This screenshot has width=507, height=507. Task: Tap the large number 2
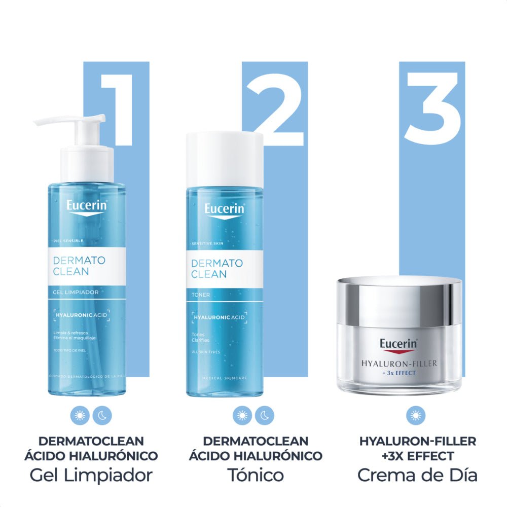click(x=275, y=109)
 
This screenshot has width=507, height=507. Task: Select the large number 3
click(x=432, y=109)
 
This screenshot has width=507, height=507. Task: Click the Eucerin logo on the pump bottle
click(x=86, y=206)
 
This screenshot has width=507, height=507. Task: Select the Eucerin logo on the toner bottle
click(x=225, y=209)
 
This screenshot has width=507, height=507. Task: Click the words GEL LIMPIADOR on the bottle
click(x=76, y=293)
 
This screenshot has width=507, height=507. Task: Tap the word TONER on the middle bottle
click(x=201, y=295)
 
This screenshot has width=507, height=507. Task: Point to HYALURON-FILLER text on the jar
click(x=400, y=364)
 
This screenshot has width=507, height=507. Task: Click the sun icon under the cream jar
click(x=416, y=416)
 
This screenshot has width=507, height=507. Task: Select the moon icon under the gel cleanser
click(x=102, y=416)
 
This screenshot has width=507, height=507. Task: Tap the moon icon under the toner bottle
click(x=264, y=416)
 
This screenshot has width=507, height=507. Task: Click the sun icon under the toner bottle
click(x=242, y=416)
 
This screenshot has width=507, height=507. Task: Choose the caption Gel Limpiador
click(x=91, y=475)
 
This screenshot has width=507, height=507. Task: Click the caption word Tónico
click(x=256, y=475)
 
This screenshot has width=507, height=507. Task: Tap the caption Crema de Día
click(x=417, y=475)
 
